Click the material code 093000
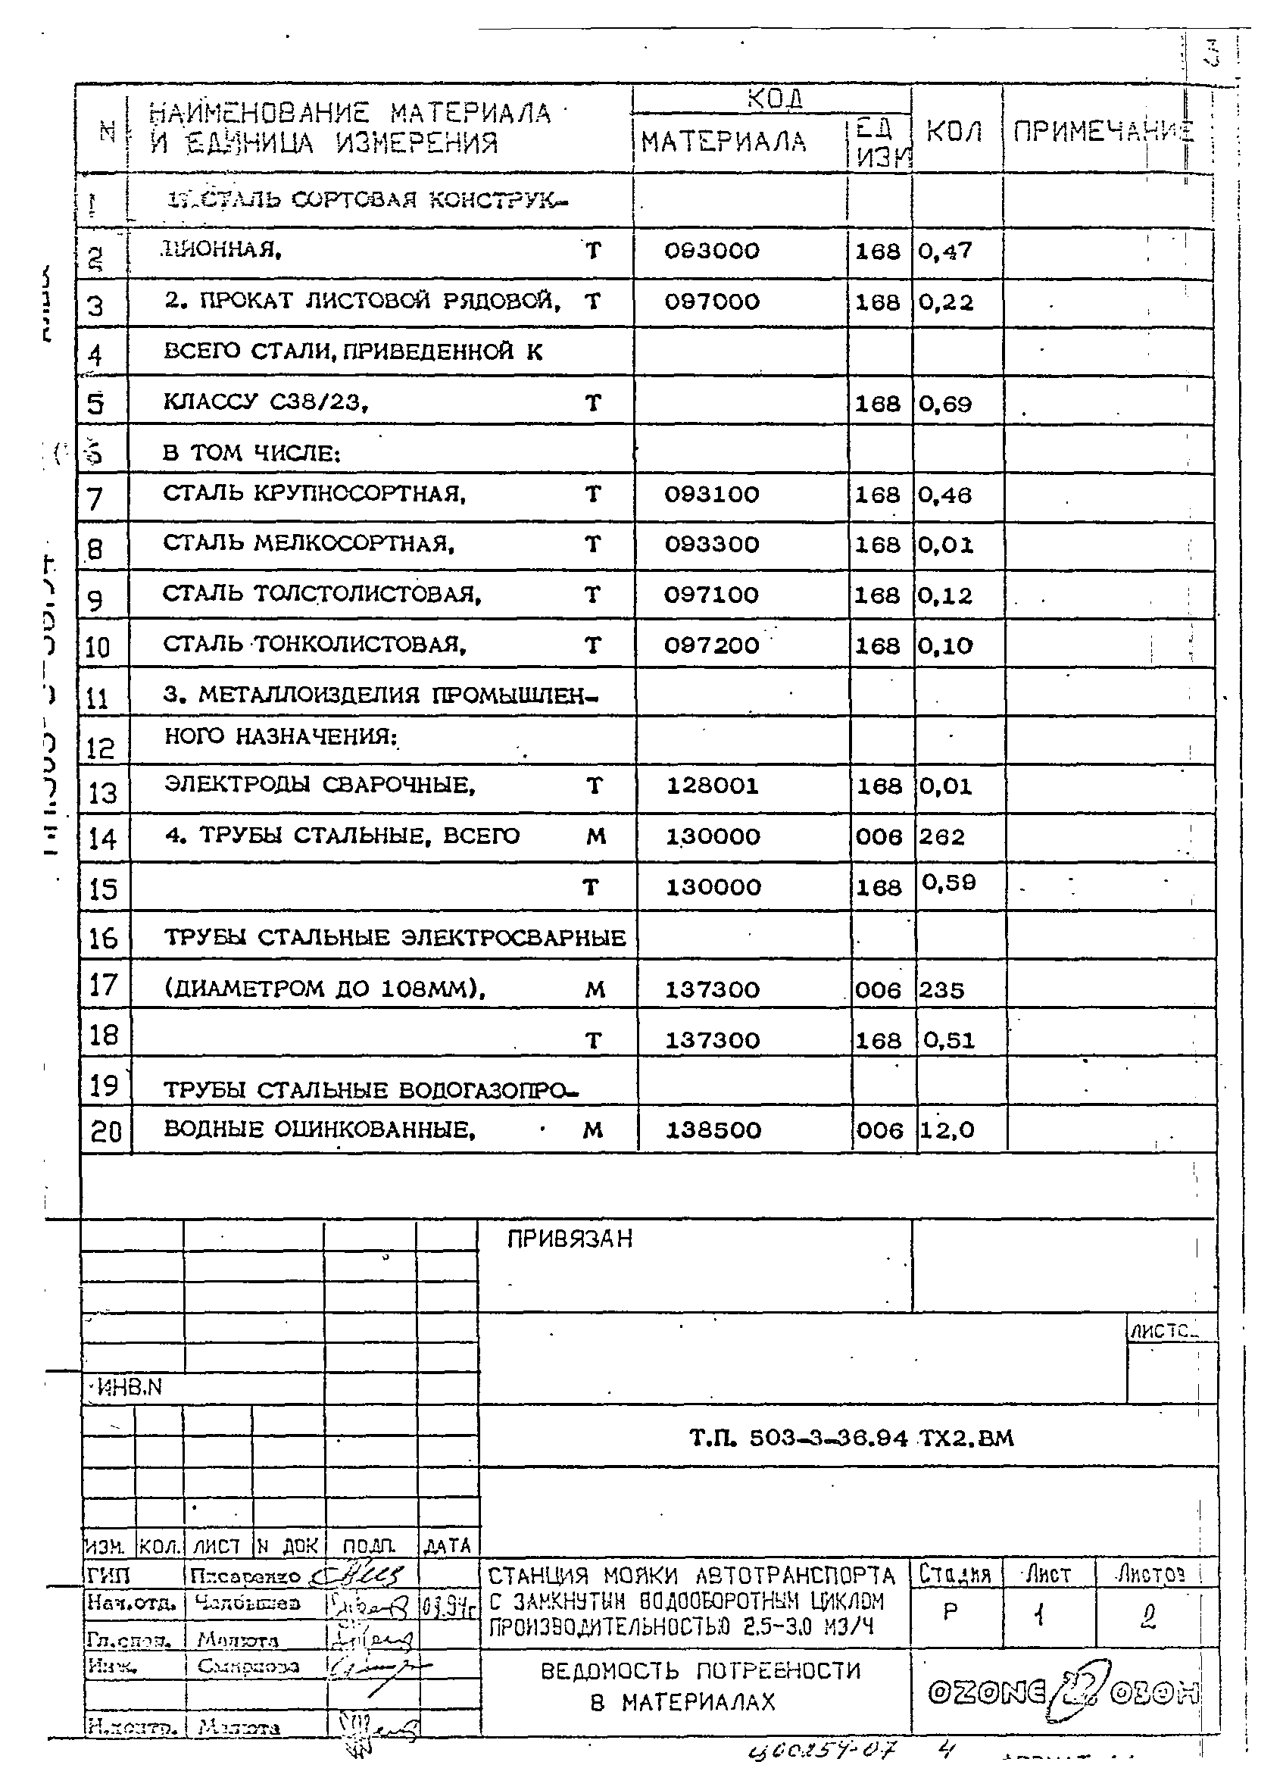[711, 251]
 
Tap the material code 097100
[711, 595]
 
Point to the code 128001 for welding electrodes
[712, 786]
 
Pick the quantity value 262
[941, 836]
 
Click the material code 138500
[713, 1130]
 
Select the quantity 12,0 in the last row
[946, 1130]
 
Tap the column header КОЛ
[954, 133]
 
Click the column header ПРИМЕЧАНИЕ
[1102, 133]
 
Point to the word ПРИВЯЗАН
[569, 1240]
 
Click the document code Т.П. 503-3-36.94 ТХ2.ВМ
[851, 1438]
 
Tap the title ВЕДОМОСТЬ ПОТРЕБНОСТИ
[700, 1671]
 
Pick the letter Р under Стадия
[950, 1612]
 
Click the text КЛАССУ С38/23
[265, 402]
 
